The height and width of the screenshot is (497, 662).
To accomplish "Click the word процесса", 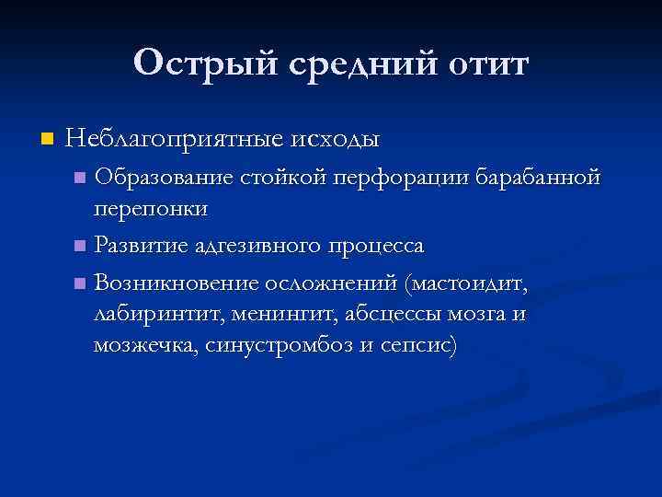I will pos(377,247).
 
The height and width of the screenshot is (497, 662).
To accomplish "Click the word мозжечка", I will pos(147,347).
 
